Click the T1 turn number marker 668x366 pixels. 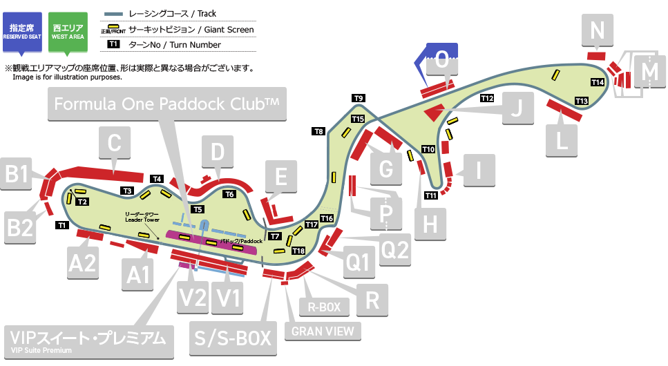click(61, 225)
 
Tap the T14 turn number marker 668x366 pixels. click(598, 83)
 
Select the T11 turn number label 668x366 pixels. click(430, 195)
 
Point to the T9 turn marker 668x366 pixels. click(358, 98)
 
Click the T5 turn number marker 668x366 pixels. click(198, 209)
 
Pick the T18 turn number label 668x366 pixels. click(298, 251)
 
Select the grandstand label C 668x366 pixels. click(115, 144)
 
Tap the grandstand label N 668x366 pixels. click(598, 30)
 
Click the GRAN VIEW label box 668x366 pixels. click(323, 331)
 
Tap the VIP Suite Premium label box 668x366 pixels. click(87, 340)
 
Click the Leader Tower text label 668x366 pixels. click(142, 217)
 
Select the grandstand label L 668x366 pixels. click(562, 141)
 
